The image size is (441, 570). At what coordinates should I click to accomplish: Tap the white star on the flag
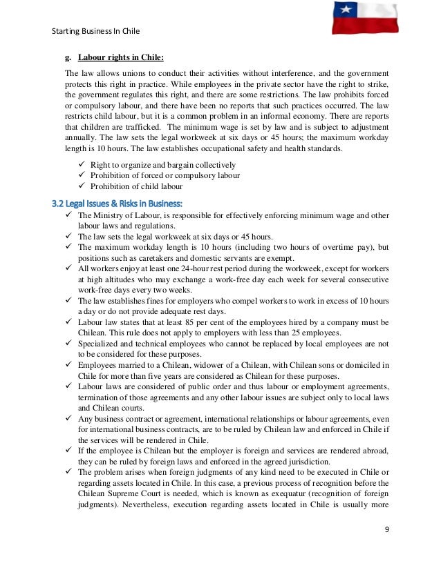pos(345,10)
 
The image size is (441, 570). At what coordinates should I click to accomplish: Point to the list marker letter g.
pos(68,57)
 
